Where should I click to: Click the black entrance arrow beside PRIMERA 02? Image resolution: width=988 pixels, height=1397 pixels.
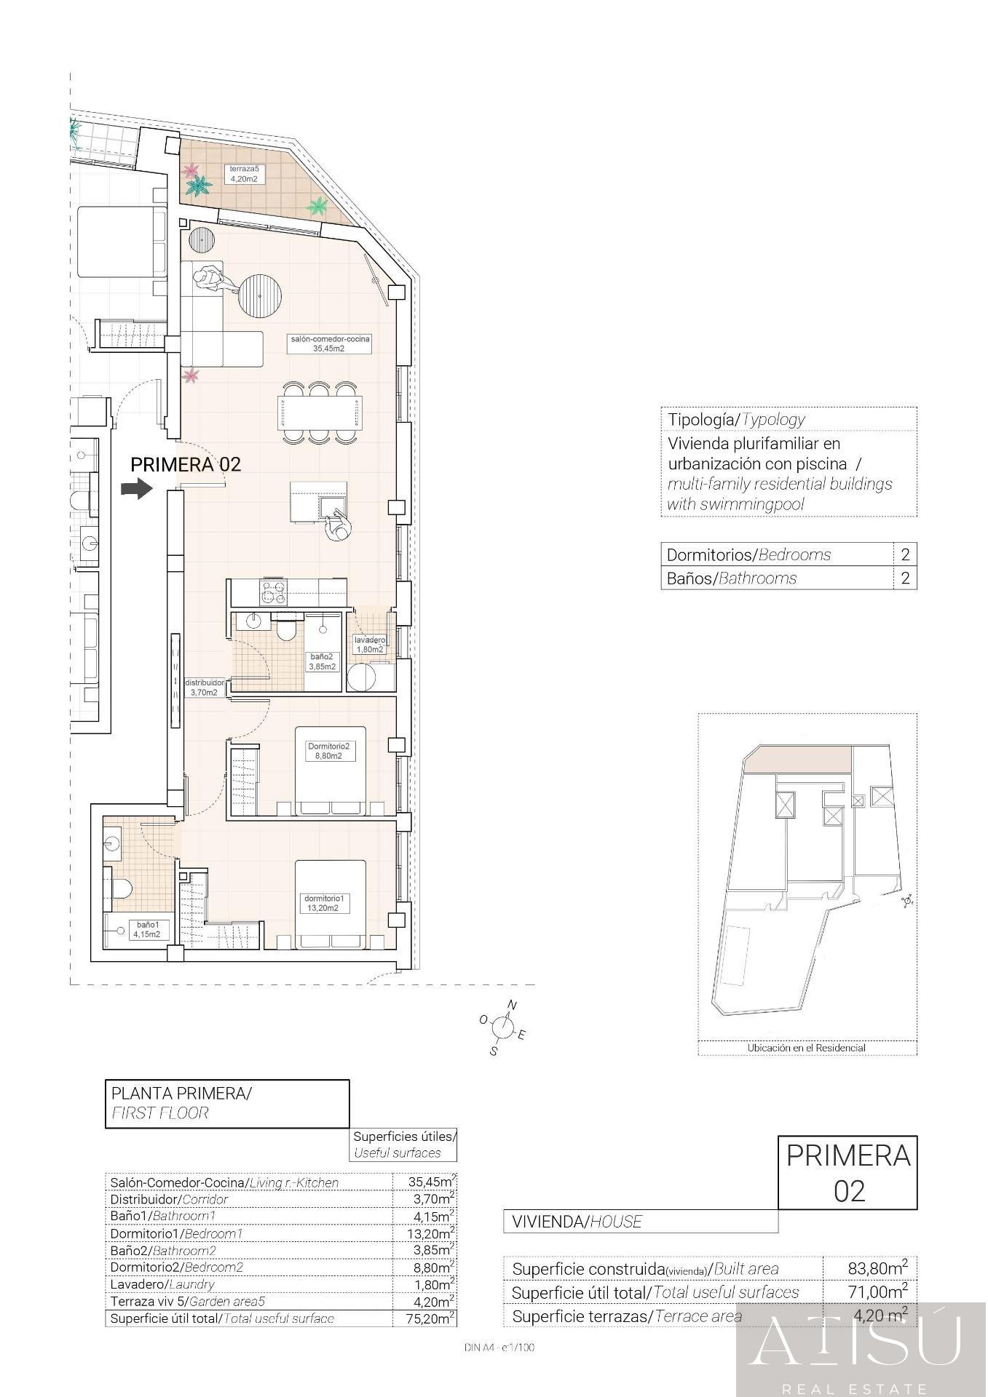(x=137, y=488)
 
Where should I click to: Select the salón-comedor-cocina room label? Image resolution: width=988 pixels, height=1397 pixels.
(x=330, y=343)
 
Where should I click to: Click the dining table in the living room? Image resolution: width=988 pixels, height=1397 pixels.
(x=320, y=413)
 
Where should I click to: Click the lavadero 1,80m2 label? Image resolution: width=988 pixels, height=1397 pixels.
(x=369, y=644)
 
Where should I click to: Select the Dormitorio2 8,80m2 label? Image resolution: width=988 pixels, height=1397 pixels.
(x=328, y=751)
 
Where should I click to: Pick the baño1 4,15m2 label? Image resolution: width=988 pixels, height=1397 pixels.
(x=146, y=929)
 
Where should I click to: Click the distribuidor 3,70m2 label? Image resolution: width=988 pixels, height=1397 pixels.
(x=205, y=688)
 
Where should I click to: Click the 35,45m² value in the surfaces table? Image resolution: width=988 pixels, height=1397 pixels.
(x=432, y=1182)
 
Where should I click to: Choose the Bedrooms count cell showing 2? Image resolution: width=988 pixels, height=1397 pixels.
(x=905, y=554)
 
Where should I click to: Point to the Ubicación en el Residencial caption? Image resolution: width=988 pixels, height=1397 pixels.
(x=806, y=1048)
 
